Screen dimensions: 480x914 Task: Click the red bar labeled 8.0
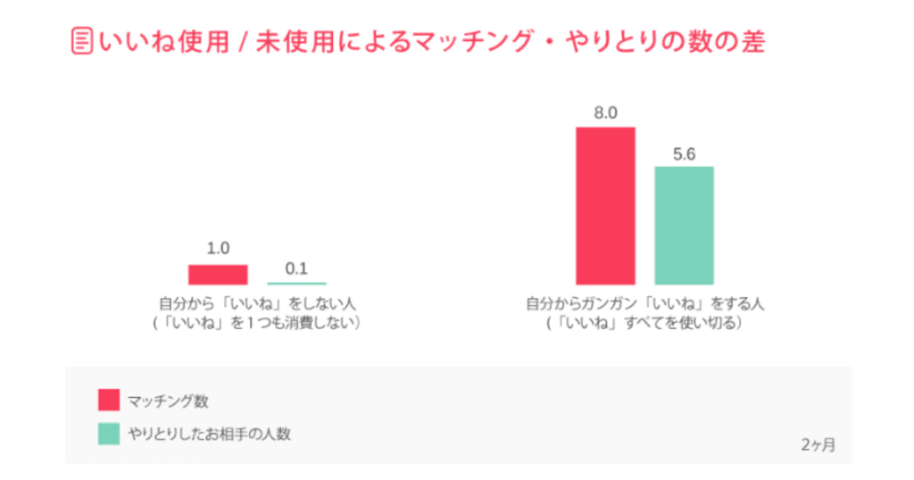605,205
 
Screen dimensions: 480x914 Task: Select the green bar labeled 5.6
684,225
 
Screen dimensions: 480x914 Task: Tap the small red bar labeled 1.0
217,274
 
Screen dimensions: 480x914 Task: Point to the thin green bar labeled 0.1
297,283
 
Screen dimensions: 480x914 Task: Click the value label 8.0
605,113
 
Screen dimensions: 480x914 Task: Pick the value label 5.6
684,153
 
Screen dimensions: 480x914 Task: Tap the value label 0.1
297,268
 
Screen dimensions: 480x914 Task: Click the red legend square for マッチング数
108,400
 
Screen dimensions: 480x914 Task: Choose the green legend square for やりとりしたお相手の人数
108,434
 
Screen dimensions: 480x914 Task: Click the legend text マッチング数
168,401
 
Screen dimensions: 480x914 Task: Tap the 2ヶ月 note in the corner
818,444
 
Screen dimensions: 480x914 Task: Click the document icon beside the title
82,42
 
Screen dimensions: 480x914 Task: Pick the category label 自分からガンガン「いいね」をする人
644,303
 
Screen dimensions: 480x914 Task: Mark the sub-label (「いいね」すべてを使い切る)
644,323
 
